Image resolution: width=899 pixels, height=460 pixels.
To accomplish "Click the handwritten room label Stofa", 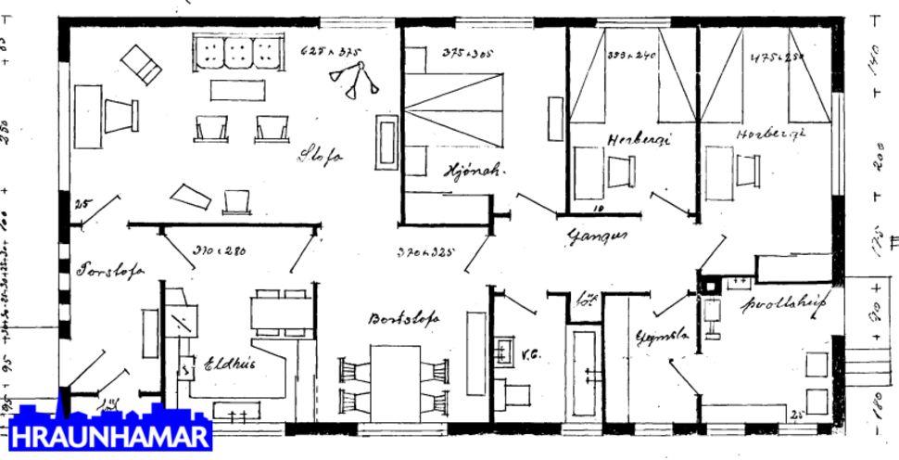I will (x=320, y=157).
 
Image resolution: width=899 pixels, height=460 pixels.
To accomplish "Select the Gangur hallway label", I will (x=599, y=236).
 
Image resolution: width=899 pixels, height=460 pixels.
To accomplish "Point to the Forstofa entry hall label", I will (x=109, y=272).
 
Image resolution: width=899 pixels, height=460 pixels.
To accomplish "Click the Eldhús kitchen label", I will (x=229, y=364).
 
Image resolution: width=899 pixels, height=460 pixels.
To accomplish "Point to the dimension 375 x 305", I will (x=465, y=53).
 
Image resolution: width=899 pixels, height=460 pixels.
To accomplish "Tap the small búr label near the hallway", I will (x=585, y=300).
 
